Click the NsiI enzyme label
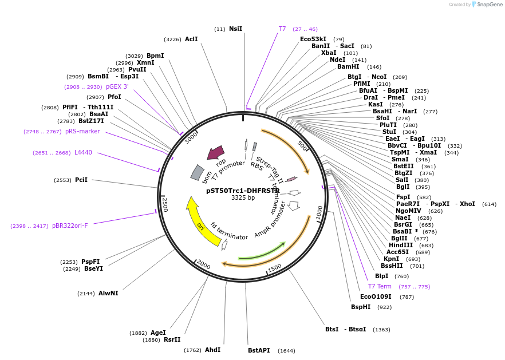coord(235,29)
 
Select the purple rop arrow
coord(216,153)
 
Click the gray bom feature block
coord(197,172)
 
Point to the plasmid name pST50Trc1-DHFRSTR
coord(243,191)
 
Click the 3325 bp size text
coord(243,198)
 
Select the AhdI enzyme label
coord(212,350)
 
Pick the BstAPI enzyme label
coord(259,350)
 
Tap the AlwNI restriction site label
coord(108,293)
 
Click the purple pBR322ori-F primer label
coord(70,226)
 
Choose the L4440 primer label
coord(79,152)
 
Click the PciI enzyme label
coord(81,180)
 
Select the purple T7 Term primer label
coord(380,286)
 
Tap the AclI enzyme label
coord(191,39)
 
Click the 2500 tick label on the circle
coord(165,204)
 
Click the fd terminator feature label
coord(229,232)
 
